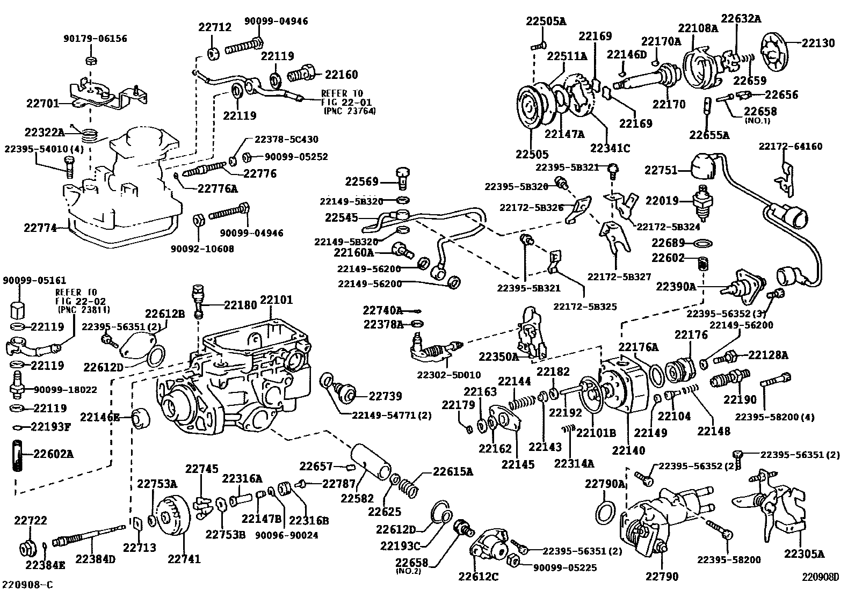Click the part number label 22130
click(818, 43)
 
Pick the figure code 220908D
click(820, 578)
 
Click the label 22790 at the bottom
click(662, 577)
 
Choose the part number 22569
click(362, 182)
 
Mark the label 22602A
click(53, 454)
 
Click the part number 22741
click(184, 559)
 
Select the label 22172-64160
click(791, 146)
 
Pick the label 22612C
click(478, 577)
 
